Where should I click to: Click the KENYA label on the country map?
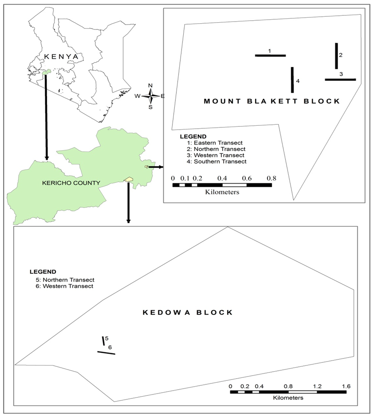click(61, 57)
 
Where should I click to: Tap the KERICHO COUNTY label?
click(71, 183)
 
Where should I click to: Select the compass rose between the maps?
click(150, 96)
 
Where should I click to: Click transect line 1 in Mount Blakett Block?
click(270, 55)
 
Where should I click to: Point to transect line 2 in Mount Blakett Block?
click(336, 56)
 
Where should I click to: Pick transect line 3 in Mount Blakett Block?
click(340, 80)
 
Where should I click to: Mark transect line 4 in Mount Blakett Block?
click(292, 80)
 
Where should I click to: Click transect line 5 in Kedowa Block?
click(103, 341)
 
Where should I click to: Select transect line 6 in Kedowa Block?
click(106, 353)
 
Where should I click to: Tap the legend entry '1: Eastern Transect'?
click(215, 143)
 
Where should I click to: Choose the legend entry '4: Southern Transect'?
click(216, 161)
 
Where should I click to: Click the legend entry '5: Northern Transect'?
click(65, 280)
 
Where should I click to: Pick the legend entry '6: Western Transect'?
click(64, 286)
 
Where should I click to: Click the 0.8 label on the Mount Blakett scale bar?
click(271, 178)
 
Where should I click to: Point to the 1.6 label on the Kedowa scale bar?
click(346, 386)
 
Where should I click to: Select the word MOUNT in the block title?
click(222, 101)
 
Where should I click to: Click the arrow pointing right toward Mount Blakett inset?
click(156, 167)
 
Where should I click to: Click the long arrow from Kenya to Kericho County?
click(46, 117)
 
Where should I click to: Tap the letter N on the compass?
click(150, 85)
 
